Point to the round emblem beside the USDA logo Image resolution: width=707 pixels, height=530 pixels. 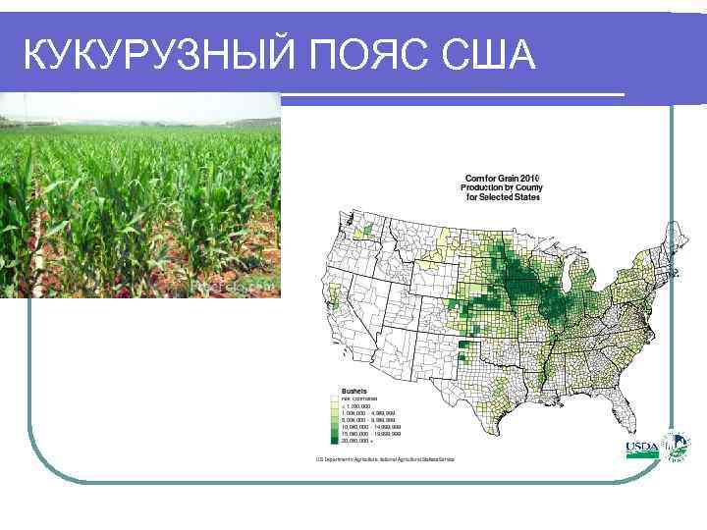point(675,447)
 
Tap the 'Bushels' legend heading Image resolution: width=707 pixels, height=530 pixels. point(353,390)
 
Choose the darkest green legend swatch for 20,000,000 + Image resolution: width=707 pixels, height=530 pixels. point(335,441)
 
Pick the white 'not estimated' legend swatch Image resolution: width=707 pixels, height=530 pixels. point(335,399)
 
